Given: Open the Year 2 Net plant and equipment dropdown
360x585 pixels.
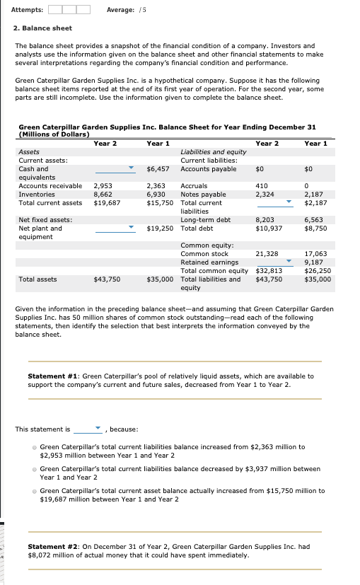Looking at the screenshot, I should pos(115,228).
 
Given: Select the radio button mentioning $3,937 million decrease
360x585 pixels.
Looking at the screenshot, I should pos(35,468).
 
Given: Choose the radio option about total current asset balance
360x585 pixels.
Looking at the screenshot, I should pos(35,490).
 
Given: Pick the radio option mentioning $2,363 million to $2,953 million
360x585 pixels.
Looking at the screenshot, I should pos(35,447).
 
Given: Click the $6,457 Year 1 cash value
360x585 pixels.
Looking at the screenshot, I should pos(158,169).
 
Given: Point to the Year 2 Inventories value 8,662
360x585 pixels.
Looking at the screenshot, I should pos(103,194).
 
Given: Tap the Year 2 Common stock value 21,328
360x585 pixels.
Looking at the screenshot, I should pos(266,253).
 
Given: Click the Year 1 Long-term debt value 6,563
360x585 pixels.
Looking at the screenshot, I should pos(313,220).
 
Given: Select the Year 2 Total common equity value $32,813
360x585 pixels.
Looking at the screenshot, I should pos(269,270).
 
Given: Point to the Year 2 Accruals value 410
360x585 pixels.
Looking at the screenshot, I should pos(261,186).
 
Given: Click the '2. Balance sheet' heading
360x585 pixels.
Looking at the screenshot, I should pos(42,28).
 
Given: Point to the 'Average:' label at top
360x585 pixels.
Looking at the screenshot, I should pos(119,9).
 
